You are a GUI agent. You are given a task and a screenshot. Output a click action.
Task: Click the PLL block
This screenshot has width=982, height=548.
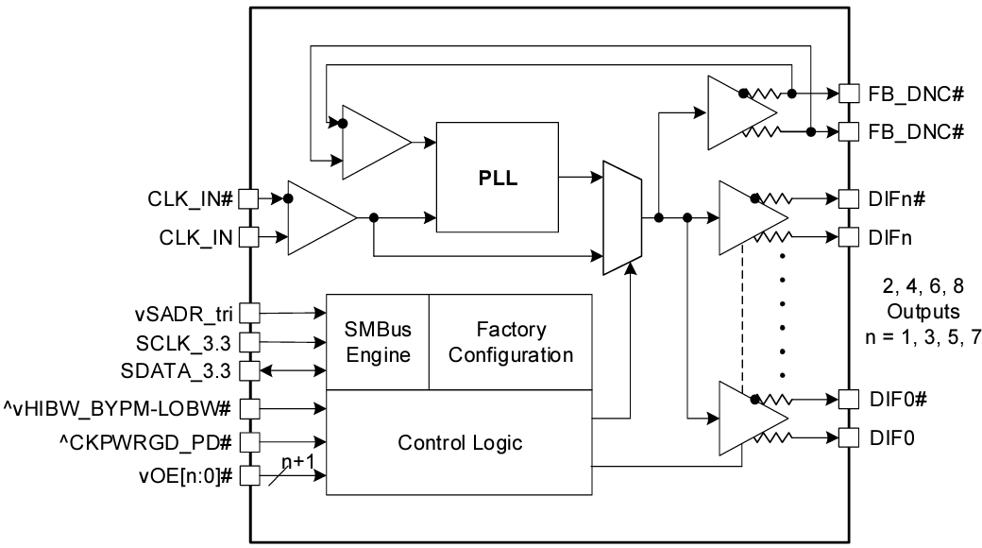[497, 178]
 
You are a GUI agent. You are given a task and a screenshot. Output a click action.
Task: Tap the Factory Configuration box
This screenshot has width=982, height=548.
[511, 342]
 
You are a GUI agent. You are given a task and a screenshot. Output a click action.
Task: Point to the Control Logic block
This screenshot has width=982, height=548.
[460, 441]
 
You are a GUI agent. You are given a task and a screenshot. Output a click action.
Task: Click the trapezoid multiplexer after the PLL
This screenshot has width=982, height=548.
[621, 216]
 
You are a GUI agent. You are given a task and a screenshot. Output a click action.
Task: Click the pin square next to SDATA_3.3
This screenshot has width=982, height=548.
[248, 369]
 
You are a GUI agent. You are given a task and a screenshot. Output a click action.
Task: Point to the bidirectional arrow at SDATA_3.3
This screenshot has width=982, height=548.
[292, 369]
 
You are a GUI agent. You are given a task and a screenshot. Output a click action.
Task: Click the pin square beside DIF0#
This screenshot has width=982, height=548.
[849, 399]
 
